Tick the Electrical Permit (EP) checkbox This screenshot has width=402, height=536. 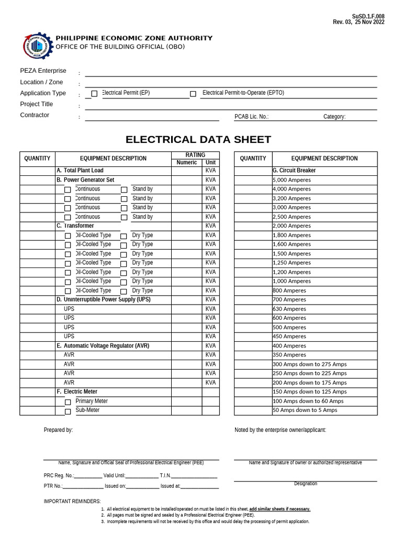click(x=94, y=94)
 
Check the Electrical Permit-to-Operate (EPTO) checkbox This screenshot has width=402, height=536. click(x=193, y=94)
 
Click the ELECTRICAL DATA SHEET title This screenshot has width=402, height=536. click(x=198, y=140)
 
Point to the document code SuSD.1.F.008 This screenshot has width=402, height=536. click(x=368, y=16)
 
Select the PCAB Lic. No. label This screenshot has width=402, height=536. click(x=251, y=117)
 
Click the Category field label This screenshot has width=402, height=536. click(x=334, y=117)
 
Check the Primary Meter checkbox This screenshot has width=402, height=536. click(x=68, y=402)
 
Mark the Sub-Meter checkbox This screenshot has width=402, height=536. click(x=68, y=411)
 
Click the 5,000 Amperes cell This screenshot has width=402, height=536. click(x=292, y=180)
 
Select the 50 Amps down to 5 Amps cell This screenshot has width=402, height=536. click(x=305, y=410)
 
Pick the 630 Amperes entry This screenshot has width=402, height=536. click(x=289, y=309)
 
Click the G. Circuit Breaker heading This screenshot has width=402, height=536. click(x=294, y=171)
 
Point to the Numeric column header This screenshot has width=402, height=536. click(x=186, y=163)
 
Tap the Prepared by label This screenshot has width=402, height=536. click(x=58, y=430)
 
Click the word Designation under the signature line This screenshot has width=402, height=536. click(x=305, y=484)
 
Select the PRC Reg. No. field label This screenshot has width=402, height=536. click(x=59, y=475)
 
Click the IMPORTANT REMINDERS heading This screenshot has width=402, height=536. click(x=72, y=501)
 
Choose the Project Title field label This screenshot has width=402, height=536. click(x=37, y=104)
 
